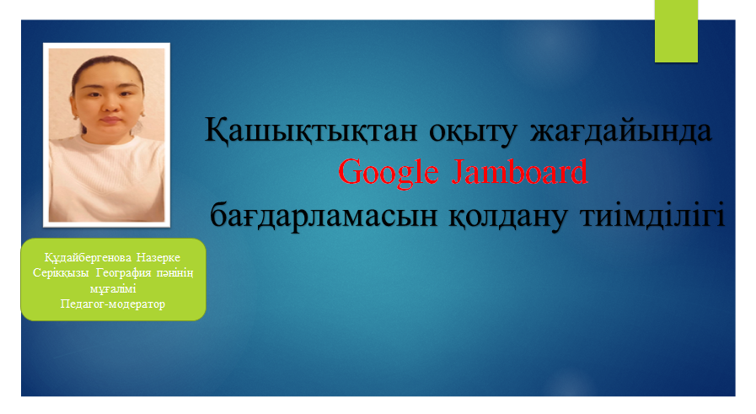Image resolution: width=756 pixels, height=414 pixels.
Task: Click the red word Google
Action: [389, 172]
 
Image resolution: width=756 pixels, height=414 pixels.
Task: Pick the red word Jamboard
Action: [520, 171]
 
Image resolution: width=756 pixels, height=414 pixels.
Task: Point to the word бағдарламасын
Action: [324, 216]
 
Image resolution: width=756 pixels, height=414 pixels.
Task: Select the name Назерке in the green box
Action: [158, 258]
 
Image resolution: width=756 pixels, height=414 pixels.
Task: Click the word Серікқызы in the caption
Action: [61, 273]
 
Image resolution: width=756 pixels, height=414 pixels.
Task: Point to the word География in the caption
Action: [123, 273]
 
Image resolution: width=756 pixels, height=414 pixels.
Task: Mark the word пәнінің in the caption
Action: [174, 273]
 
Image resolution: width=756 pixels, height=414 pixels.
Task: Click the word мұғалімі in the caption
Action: [113, 289]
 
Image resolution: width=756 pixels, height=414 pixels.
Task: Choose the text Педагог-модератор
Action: [113, 304]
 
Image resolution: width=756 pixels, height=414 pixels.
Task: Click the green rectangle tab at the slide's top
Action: [676, 31]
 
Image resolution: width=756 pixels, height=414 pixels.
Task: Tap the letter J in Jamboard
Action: [457, 173]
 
